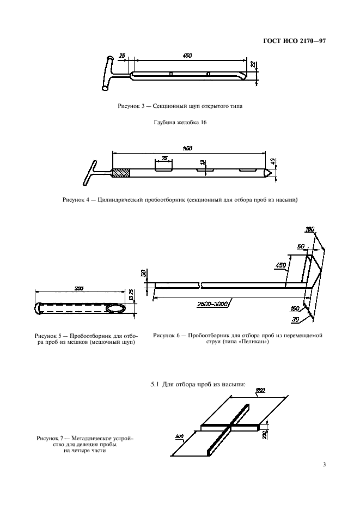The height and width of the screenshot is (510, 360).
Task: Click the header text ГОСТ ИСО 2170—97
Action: tap(294, 41)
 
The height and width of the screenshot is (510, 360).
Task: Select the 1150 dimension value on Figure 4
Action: tap(188, 148)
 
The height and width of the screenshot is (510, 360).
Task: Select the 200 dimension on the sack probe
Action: tap(78, 288)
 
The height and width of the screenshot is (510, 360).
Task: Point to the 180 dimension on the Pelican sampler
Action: tap(310, 230)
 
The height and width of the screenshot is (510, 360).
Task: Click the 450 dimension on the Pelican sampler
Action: tap(280, 265)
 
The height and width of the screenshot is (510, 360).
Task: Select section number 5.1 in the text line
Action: tap(154, 385)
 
